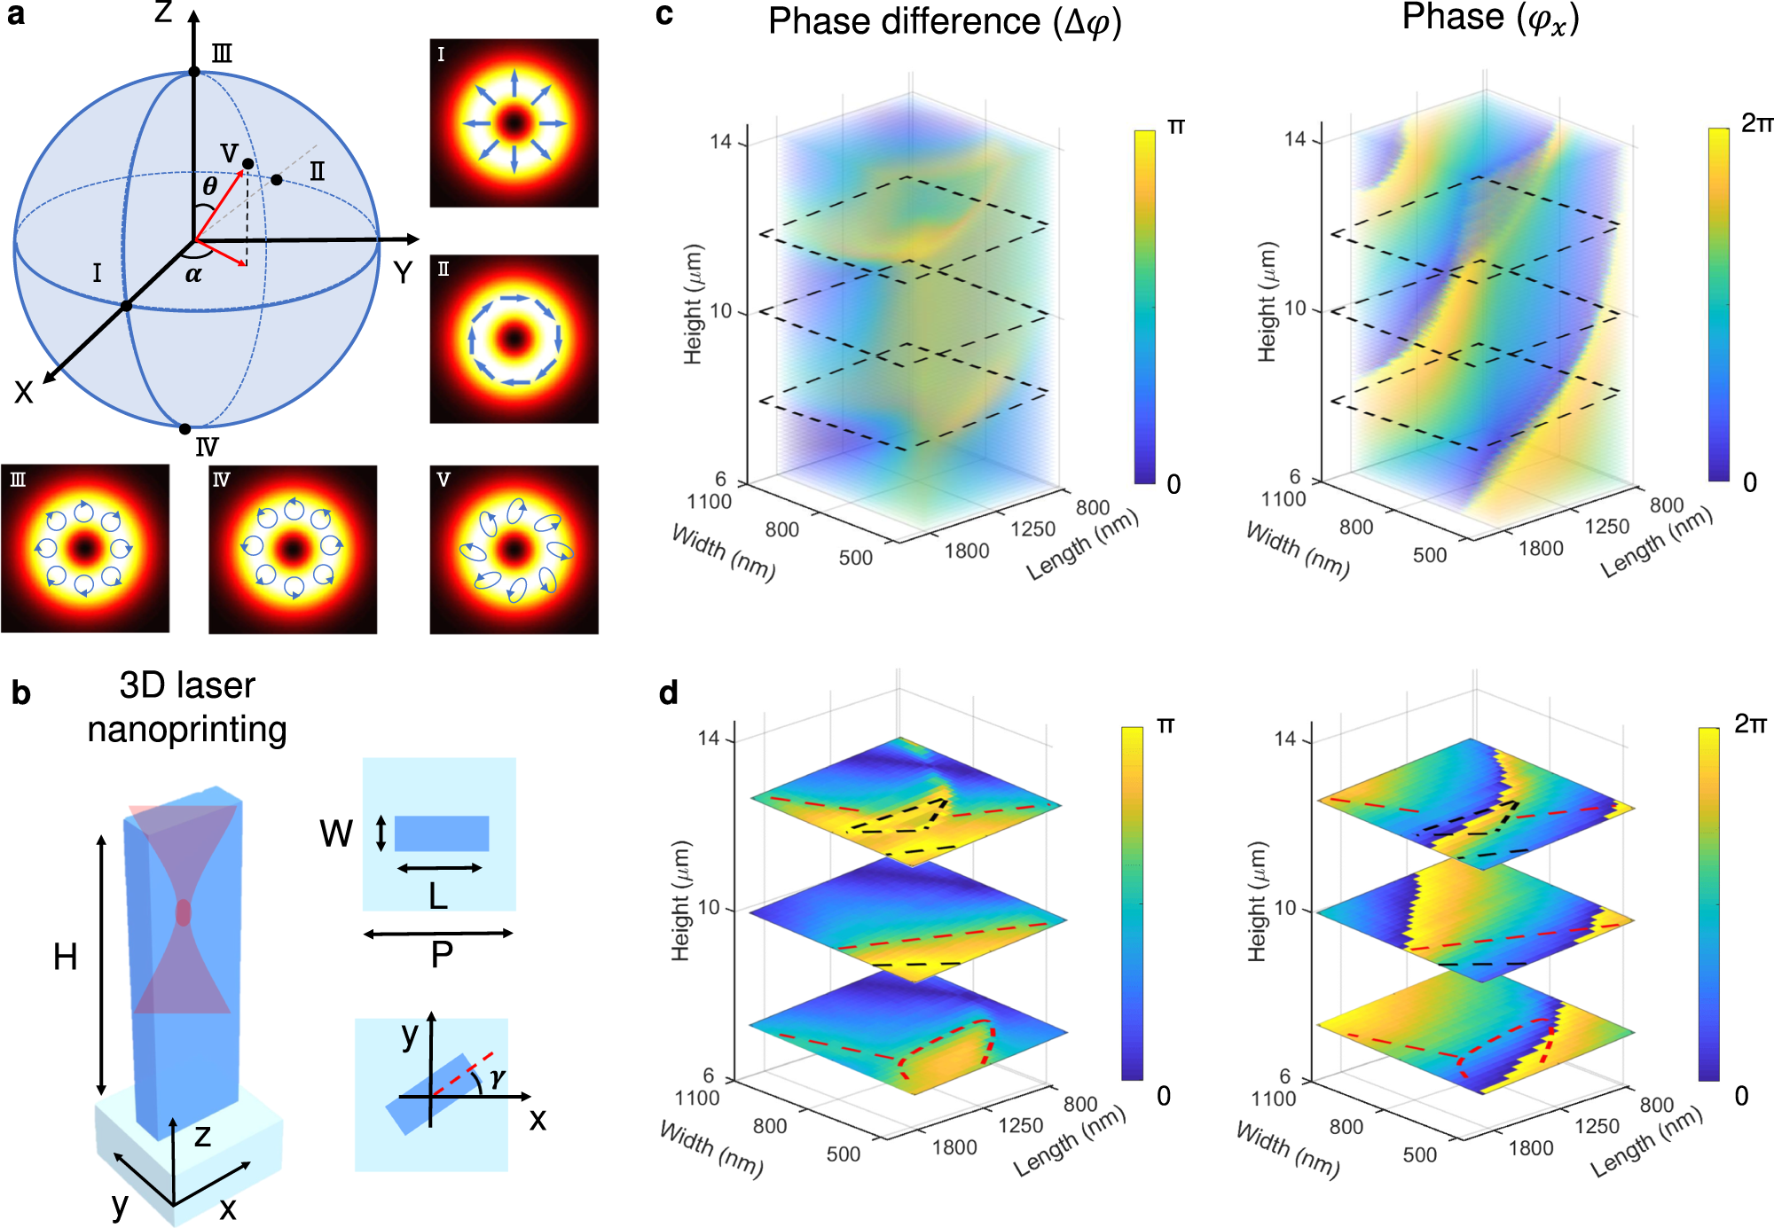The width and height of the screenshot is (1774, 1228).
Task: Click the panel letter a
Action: click(x=16, y=15)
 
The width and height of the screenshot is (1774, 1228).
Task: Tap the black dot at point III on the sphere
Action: click(x=194, y=72)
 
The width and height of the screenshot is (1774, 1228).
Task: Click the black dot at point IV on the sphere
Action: click(x=184, y=429)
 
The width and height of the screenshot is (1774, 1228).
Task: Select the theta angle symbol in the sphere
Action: click(x=209, y=186)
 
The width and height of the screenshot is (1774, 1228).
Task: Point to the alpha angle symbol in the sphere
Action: click(x=193, y=275)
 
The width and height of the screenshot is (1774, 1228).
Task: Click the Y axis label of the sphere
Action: click(x=403, y=272)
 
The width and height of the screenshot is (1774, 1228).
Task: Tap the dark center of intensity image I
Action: click(x=514, y=123)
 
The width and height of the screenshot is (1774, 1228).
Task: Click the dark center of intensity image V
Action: click(x=514, y=550)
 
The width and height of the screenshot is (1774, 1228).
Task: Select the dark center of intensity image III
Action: click(x=84, y=548)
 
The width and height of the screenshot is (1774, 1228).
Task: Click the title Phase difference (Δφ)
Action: click(x=945, y=22)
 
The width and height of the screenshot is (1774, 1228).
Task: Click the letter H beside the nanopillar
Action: click(x=65, y=958)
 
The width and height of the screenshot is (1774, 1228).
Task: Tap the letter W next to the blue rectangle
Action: click(x=336, y=833)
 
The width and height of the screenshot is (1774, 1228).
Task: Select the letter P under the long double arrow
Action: click(x=441, y=955)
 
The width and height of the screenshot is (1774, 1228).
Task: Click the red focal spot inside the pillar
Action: click(x=183, y=912)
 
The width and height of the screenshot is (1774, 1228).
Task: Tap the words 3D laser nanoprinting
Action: click(x=187, y=708)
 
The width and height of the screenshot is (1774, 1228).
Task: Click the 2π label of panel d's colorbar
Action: click(x=1750, y=724)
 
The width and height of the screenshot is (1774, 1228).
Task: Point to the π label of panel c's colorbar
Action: click(x=1176, y=127)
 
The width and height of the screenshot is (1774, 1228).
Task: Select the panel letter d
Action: click(x=669, y=692)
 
